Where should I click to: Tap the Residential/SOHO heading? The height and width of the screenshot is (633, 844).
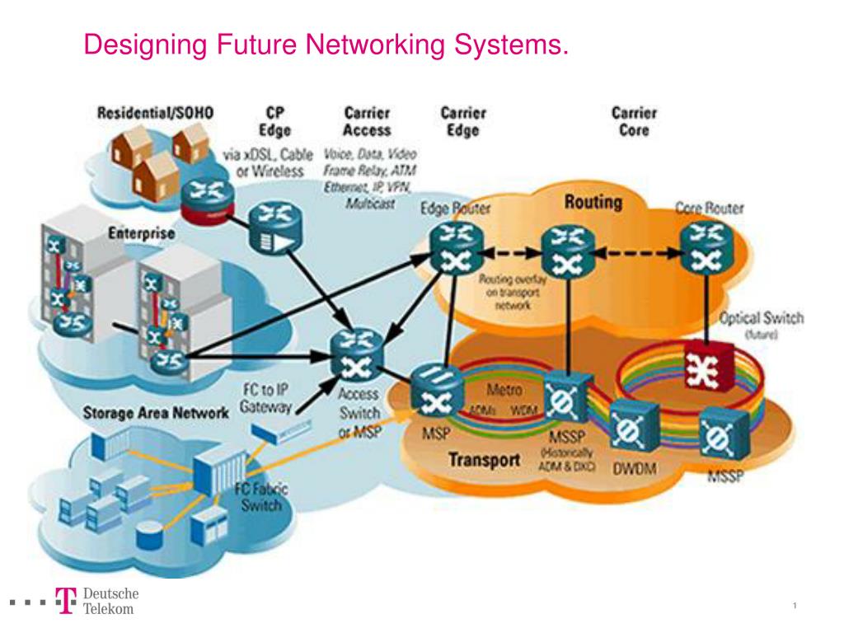click(156, 113)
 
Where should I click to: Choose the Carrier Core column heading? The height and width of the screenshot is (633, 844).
click(634, 121)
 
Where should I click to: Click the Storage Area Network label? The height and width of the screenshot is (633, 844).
click(156, 412)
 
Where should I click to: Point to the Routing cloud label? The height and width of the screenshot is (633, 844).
click(593, 202)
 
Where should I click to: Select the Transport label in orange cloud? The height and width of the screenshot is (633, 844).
click(483, 460)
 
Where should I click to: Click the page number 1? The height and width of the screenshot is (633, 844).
click(795, 607)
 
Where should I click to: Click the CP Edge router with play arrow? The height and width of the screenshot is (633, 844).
click(274, 232)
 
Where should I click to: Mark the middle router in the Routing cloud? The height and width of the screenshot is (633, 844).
click(568, 250)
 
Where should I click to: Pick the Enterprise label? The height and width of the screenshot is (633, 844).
click(142, 233)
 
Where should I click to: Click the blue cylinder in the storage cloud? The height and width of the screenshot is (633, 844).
click(149, 537)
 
